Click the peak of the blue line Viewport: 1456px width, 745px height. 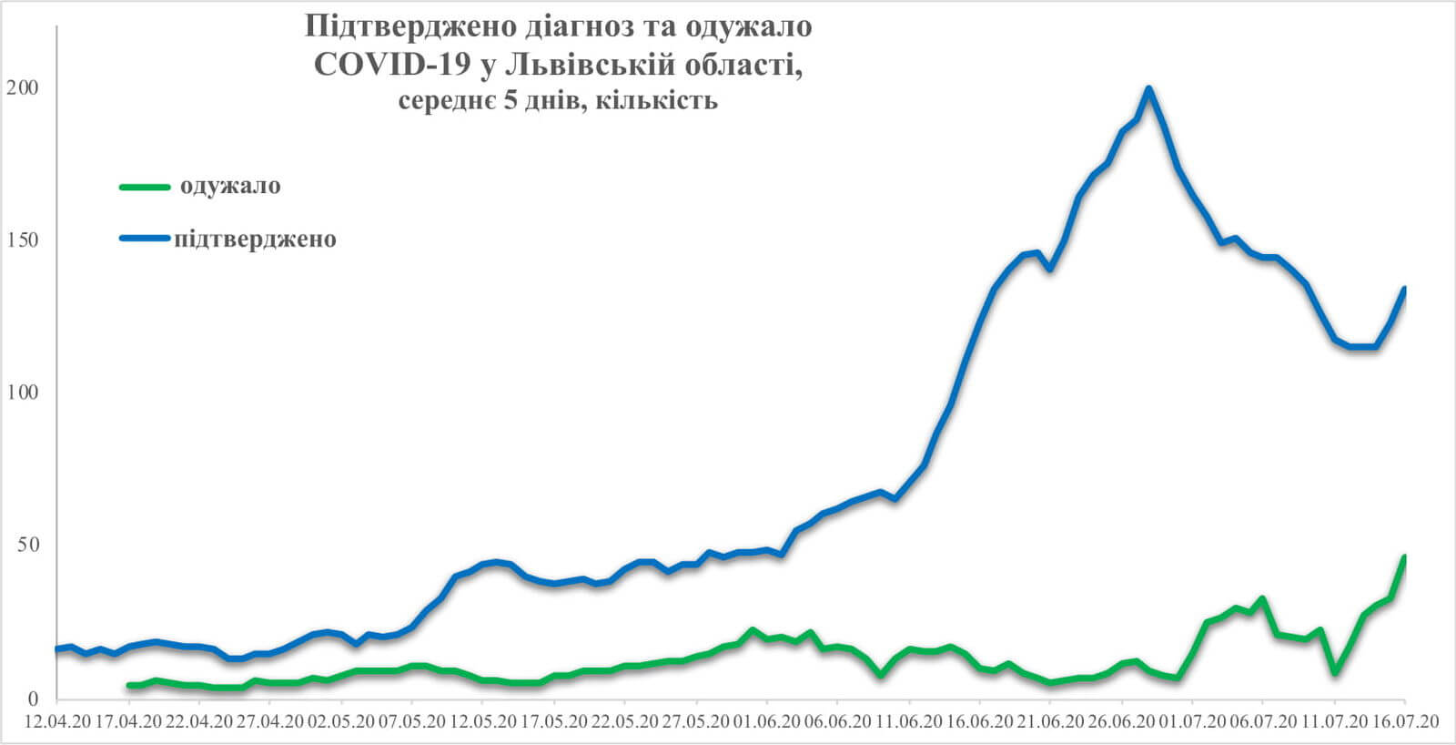(x=1148, y=88)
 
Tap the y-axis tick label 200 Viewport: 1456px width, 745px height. (x=22, y=88)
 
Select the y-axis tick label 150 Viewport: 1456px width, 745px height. (x=22, y=240)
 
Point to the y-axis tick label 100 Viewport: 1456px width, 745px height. (x=22, y=393)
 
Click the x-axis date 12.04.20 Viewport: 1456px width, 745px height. (x=57, y=721)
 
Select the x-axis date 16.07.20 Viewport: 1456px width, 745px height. (x=1405, y=721)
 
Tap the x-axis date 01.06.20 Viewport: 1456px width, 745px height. (x=766, y=721)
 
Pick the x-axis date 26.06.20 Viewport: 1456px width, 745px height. (x=1121, y=721)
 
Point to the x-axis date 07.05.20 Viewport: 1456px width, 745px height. (x=411, y=721)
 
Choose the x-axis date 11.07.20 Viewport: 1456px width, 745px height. (x=1334, y=721)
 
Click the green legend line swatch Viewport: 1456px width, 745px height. (x=145, y=187)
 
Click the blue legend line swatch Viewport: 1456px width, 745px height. (x=145, y=239)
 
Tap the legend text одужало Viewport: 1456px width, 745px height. (x=230, y=186)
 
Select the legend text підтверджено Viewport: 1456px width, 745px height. (x=256, y=239)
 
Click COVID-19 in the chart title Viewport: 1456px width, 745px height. (x=392, y=64)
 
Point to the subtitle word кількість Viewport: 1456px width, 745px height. (x=658, y=99)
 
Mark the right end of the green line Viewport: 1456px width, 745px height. (x=1405, y=556)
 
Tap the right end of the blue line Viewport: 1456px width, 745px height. (x=1405, y=289)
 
